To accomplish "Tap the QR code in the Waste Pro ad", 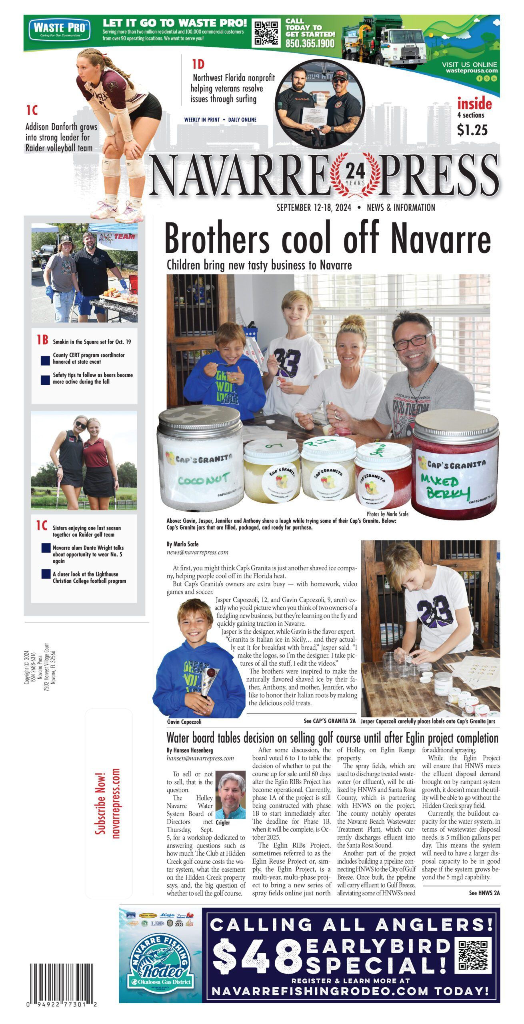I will [267, 32].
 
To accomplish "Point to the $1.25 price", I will [472, 130].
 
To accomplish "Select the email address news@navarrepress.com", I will [198, 552].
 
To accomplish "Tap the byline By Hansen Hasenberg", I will [190, 751].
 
